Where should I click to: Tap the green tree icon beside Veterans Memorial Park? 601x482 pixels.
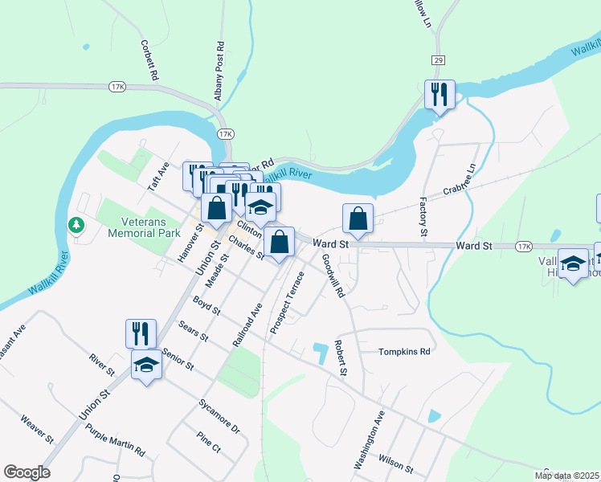pyautogui.click(x=77, y=225)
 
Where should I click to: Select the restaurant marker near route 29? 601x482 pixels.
pyautogui.click(x=440, y=95)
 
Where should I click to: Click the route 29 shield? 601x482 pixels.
pyautogui.click(x=437, y=60)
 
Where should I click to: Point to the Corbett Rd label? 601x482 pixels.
pyautogui.click(x=149, y=60)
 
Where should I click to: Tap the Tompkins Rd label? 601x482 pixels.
pyautogui.click(x=405, y=352)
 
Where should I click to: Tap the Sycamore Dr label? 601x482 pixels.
pyautogui.click(x=219, y=414)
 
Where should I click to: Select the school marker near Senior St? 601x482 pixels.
pyautogui.click(x=146, y=366)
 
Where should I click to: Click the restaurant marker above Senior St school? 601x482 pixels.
pyautogui.click(x=141, y=333)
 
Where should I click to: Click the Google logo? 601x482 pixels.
pyautogui.click(x=27, y=472)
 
